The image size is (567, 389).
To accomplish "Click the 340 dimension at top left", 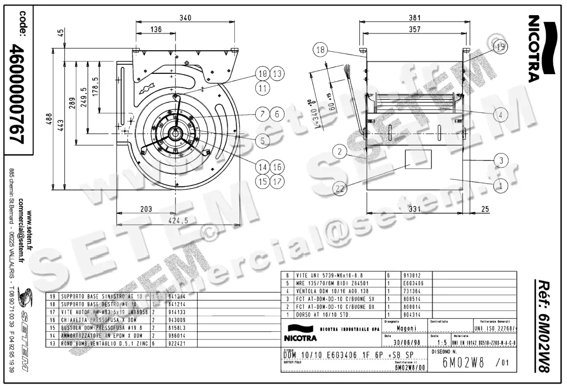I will coord(186,18).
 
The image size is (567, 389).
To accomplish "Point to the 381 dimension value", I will coord(414,18).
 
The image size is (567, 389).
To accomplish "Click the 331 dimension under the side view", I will coord(414,209).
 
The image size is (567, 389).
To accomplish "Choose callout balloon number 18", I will coord(320,50).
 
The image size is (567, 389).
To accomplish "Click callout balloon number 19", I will coord(500,46).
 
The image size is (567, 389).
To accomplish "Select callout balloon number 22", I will coord(339,189).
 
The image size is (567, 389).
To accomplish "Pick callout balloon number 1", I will coord(500,186).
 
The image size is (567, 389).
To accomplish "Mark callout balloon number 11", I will coord(263,87).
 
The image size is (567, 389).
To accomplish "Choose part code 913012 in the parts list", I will coord(412,275).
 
